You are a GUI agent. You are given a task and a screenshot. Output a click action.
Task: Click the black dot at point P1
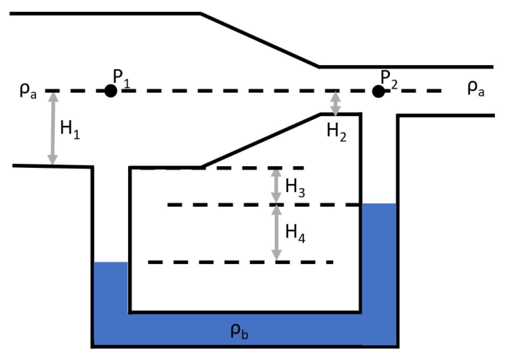111,91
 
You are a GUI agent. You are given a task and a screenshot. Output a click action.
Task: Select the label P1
121,78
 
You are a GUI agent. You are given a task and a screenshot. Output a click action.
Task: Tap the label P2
390,78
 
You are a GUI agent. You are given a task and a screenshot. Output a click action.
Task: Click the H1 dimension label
70,130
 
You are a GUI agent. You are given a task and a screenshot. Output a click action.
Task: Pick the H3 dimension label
295,187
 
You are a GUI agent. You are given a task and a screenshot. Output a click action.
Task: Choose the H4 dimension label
295,233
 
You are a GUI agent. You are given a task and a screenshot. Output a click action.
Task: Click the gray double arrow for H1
53,128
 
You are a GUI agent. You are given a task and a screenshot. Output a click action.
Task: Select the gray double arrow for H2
335,103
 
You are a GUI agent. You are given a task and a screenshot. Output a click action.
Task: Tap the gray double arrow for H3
276,186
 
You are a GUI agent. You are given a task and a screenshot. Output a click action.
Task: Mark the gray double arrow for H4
276,233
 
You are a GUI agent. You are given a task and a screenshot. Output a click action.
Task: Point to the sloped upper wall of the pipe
260,40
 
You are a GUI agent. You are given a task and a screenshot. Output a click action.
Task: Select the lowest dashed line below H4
240,262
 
